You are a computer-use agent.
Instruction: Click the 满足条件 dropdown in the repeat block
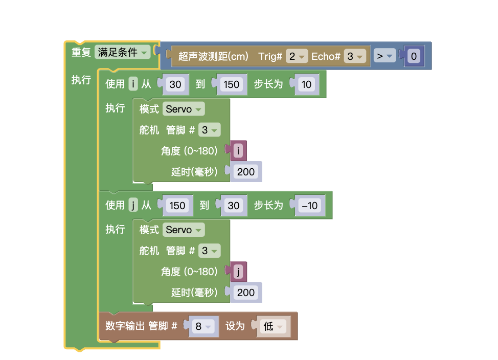[122, 52]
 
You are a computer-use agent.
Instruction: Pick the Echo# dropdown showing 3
[354, 56]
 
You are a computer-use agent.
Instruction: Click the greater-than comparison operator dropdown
[384, 56]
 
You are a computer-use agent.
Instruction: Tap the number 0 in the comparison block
[414, 56]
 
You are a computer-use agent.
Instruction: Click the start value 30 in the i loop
[175, 84]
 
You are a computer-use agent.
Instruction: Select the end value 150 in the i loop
[232, 84]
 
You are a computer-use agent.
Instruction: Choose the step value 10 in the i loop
[306, 84]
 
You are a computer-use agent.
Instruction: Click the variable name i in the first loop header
[133, 84]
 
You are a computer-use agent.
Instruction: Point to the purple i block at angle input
[238, 151]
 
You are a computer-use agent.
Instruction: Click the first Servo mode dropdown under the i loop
[184, 109]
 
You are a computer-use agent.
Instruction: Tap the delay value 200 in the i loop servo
[246, 172]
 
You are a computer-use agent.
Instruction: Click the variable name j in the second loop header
[133, 205]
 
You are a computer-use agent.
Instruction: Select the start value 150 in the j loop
[177, 206]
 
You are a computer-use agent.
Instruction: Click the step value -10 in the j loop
[310, 206]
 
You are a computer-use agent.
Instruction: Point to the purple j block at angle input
[238, 272]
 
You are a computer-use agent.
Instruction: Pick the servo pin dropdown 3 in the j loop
[209, 251]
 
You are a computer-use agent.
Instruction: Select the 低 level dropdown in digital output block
[273, 326]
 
